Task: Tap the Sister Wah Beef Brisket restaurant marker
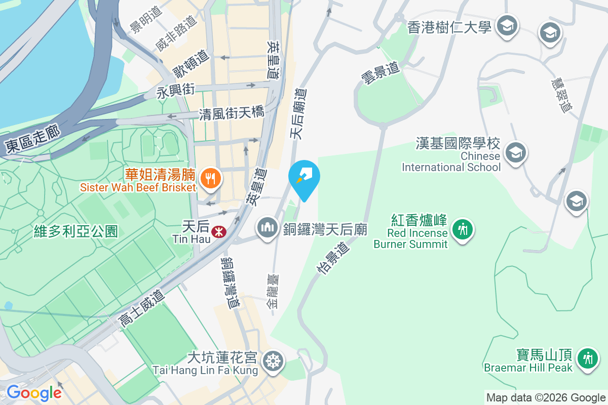(209, 178)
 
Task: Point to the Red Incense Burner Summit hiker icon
(462, 229)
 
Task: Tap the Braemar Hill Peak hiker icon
(587, 358)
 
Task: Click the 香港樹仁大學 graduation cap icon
(505, 25)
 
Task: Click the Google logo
(34, 393)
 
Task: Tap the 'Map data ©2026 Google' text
(545, 398)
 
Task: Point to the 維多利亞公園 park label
(75, 231)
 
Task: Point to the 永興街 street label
(175, 92)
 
